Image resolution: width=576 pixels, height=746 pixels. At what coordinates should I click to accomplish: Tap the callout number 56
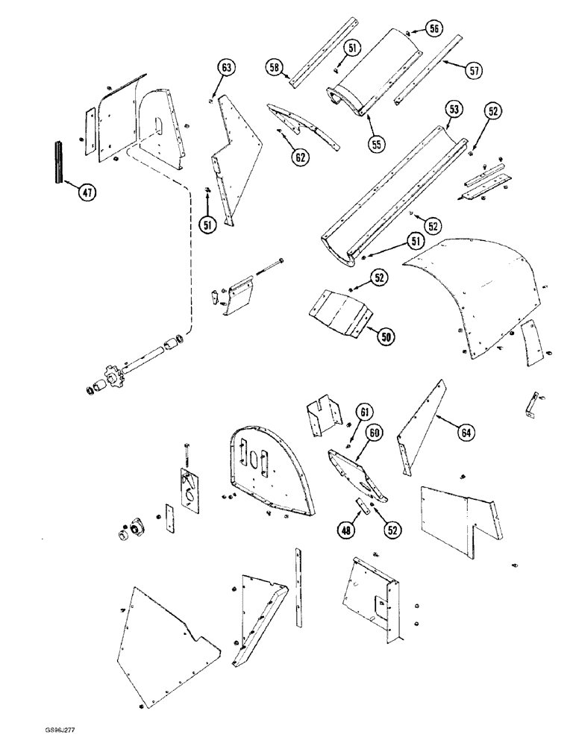point(434,28)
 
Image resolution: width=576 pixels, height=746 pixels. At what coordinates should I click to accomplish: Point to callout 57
point(472,69)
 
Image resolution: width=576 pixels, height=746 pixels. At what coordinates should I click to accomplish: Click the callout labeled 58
point(275,68)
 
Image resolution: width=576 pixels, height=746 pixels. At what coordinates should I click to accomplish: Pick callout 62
point(300,157)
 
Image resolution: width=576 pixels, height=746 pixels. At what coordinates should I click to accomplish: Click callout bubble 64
point(466,431)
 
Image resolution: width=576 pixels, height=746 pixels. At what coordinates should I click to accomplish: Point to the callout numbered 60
point(373,432)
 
